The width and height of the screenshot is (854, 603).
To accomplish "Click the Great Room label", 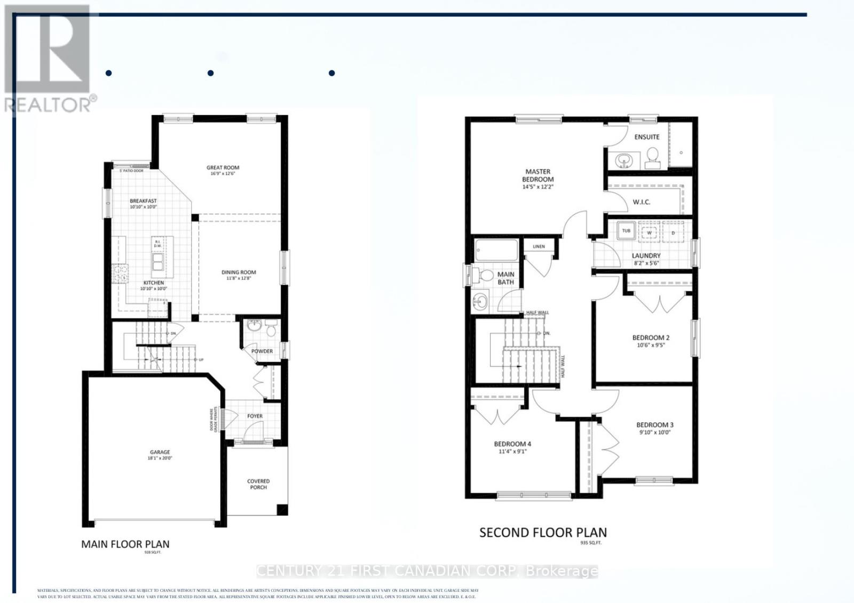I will click(x=223, y=167).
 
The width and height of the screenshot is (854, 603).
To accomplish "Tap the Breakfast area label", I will click(x=143, y=201).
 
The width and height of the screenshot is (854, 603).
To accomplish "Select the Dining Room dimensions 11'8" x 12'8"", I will click(x=239, y=278).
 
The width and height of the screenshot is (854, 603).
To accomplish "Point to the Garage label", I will click(x=160, y=452).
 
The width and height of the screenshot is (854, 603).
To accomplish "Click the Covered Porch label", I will click(x=258, y=484).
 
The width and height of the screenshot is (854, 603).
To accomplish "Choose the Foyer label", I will click(x=255, y=416).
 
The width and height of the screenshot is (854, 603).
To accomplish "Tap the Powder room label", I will click(x=262, y=351).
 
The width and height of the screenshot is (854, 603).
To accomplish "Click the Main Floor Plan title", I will click(x=125, y=544).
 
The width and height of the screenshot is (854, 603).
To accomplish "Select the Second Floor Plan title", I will click(x=543, y=533).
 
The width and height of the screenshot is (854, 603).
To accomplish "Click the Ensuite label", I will click(x=647, y=137).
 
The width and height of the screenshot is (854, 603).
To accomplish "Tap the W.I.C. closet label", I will click(x=642, y=202).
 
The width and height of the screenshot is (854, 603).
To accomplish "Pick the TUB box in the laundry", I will click(x=626, y=231).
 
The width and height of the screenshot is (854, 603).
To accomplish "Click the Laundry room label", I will click(x=646, y=256).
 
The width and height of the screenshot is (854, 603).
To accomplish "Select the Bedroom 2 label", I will click(x=651, y=337).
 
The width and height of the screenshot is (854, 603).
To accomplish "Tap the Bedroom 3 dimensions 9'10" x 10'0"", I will click(x=655, y=432).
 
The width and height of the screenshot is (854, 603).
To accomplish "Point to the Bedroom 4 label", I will click(x=512, y=444).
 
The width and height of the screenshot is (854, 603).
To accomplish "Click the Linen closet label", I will click(x=539, y=246).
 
